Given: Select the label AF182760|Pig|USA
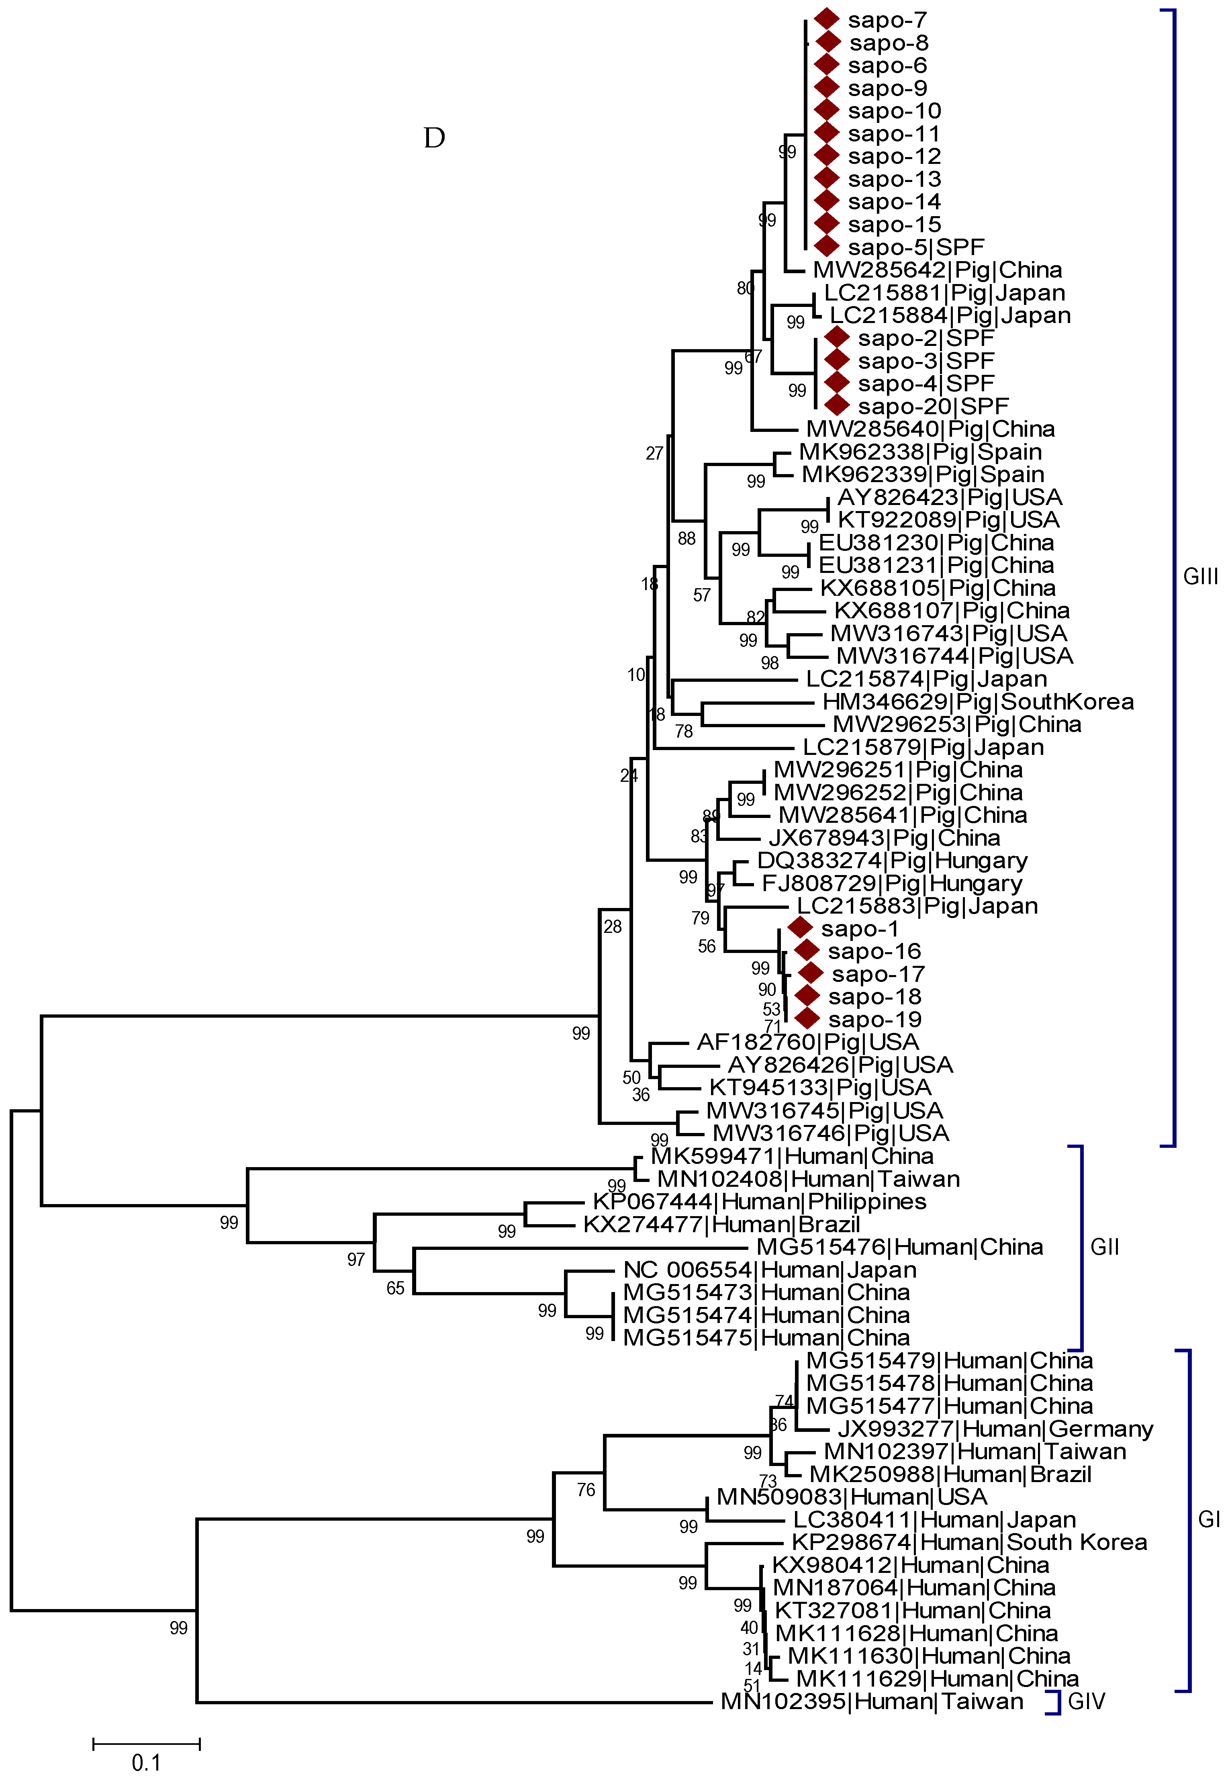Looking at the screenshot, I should pyautogui.click(x=808, y=1042).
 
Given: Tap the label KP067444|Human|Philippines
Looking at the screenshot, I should pyautogui.click(x=759, y=1202).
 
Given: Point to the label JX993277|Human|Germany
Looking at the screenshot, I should pyautogui.click(x=995, y=1429).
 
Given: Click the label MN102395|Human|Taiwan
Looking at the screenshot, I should pyautogui.click(x=872, y=1701).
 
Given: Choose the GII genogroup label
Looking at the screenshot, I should pyautogui.click(x=1104, y=1247).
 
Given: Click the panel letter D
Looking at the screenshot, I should pyautogui.click(x=435, y=138).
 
